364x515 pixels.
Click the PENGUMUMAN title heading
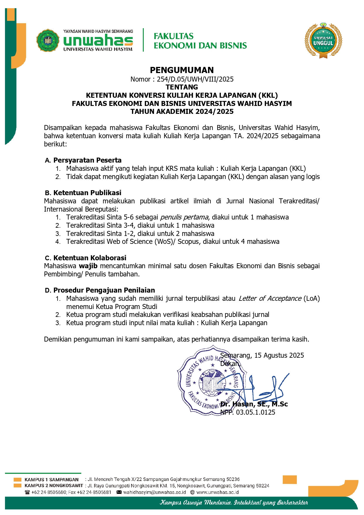pos(182,70)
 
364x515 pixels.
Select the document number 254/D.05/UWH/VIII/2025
pos(195,79)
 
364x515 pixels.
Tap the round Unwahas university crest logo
pos(48,40)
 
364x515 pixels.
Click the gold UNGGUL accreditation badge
pos(323,40)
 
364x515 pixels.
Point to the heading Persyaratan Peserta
pos(87,160)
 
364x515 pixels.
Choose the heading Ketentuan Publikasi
pos(87,193)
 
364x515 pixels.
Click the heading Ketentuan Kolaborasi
pos(90,258)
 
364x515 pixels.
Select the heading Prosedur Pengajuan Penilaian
pos(104,290)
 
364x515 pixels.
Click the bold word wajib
pos(88,266)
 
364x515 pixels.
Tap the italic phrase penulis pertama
pos(184,217)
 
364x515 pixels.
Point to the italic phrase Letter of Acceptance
pos(270,298)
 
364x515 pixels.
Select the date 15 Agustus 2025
pos(279,355)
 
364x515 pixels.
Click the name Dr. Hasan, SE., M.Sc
pos(254,404)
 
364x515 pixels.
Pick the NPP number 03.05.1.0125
pos(255,412)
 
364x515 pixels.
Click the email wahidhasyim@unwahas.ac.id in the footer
pos(155,492)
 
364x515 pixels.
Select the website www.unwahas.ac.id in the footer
pos(217,492)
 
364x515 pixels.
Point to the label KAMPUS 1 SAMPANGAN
pos(52,479)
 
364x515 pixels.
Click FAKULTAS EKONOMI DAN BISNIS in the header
pos(200,41)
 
